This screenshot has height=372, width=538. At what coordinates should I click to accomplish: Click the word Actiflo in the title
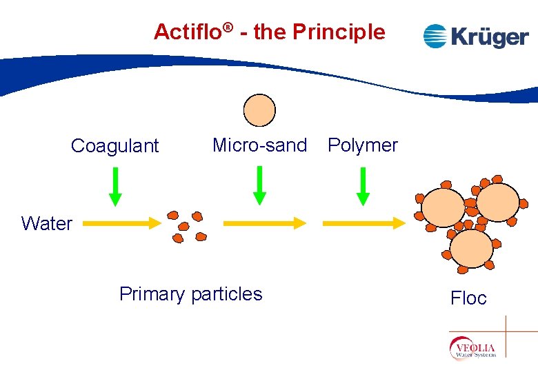(188, 32)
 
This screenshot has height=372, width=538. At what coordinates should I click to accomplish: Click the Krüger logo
(475, 36)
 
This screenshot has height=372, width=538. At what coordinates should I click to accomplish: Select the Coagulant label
(114, 146)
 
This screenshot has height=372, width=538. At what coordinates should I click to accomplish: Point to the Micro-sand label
(259, 145)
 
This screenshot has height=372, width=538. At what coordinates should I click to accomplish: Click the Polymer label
(363, 145)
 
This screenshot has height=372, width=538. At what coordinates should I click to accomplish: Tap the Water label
(46, 223)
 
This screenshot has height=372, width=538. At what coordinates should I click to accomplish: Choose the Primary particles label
(190, 294)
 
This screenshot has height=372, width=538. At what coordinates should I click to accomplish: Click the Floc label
(468, 298)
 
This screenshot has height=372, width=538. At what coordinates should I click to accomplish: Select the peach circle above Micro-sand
(260, 110)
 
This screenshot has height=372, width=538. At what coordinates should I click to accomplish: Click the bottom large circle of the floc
(472, 249)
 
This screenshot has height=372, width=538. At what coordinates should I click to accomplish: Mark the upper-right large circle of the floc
(497, 202)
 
